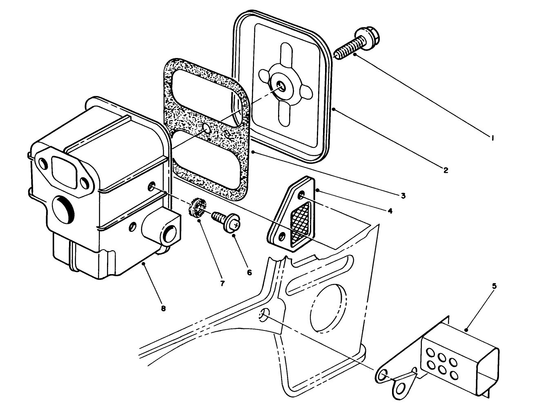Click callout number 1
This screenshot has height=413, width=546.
493,138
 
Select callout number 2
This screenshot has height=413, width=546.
446,170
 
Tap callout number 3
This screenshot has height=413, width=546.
403,196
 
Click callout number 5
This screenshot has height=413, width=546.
494,286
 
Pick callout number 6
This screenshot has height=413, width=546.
249,272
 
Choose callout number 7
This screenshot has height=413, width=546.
223,283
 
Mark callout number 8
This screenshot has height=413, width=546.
163,308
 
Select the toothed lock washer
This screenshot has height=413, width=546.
198,208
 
